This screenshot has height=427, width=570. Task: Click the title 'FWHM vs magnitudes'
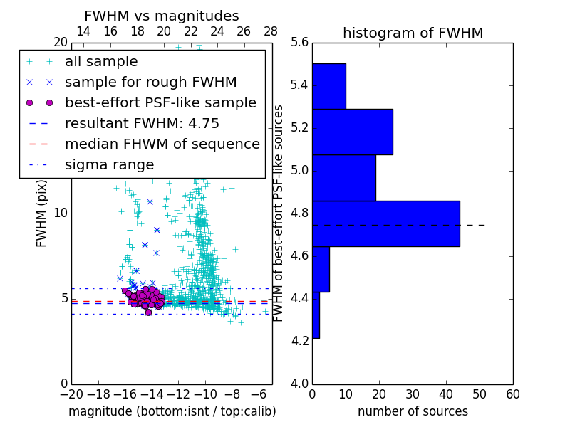(x=162, y=16)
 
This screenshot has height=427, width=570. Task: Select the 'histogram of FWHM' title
(x=413, y=33)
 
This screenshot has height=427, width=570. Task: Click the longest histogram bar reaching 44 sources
(x=385, y=223)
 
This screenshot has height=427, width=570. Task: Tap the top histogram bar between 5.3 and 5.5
(x=329, y=86)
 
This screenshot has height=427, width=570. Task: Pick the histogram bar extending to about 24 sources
(x=353, y=132)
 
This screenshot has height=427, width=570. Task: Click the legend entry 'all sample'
(x=101, y=62)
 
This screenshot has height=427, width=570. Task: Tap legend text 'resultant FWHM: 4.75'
(x=142, y=123)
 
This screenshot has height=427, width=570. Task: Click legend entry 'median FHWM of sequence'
(x=162, y=144)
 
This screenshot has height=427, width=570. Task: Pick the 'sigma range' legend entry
(x=109, y=165)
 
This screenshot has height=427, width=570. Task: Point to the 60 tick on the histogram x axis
(x=512, y=394)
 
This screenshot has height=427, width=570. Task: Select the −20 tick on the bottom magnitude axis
(x=71, y=394)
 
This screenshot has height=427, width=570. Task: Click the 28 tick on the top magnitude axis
(x=271, y=31)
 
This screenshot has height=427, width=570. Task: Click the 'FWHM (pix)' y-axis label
(x=42, y=213)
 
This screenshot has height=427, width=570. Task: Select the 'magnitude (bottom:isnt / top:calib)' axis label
(x=172, y=411)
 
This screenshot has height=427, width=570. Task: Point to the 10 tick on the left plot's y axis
(x=61, y=213)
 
